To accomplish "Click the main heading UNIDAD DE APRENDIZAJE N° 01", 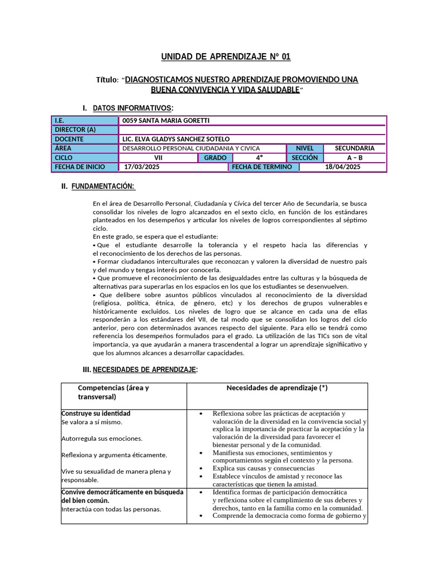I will tap(226, 57).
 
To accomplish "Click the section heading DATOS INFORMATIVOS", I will tap(132, 107).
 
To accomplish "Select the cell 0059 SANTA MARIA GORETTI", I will tap(166, 121).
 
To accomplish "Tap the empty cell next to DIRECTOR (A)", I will tap(252, 130).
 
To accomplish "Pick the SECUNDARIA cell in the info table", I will tap(354, 148).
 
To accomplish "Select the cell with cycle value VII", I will tap(158, 158).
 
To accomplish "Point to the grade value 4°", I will tap(259, 158).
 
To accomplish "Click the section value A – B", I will tap(354, 158).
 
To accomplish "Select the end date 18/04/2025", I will tap(342, 166).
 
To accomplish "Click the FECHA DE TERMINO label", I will tap(262, 166).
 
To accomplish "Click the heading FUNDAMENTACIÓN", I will tap(103, 186).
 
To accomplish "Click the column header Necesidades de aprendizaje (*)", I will tap(277, 388).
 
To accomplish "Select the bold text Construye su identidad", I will tap(96, 413).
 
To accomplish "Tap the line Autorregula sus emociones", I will tap(102, 438).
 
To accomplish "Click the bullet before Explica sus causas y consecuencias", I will tap(201, 468).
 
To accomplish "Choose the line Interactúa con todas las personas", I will tap(111, 509).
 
